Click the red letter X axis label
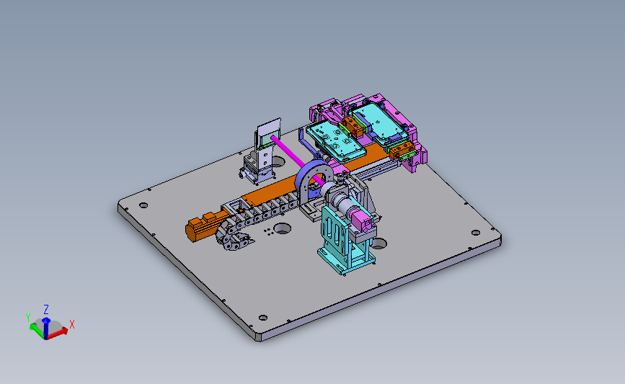pyautogui.click(x=72, y=324)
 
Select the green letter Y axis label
pyautogui.click(x=28, y=318)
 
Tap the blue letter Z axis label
pyautogui.click(x=46, y=310)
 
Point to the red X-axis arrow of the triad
pyautogui.click(x=58, y=333)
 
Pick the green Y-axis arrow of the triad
pyautogui.click(x=37, y=330)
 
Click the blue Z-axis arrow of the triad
pyautogui.click(x=46, y=328)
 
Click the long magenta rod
pyautogui.click(x=296, y=159)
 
